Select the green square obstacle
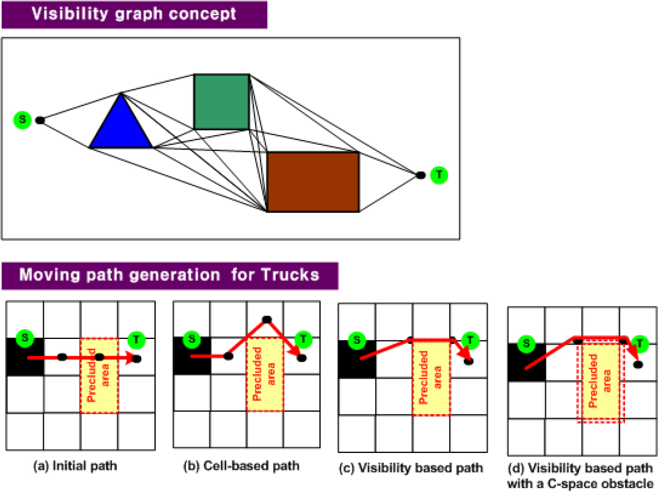click(222, 102)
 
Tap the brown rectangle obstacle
click(313, 182)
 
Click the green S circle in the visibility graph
click(23, 120)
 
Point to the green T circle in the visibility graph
click(439, 175)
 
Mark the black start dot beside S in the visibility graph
click(40, 121)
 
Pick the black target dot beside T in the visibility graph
click(421, 175)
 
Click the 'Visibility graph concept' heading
click(134, 14)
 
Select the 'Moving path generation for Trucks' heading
click(169, 275)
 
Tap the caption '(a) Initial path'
click(75, 466)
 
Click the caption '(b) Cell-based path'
click(241, 466)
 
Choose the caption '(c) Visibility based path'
click(411, 468)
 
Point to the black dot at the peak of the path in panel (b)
click(267, 319)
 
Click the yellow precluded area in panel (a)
click(99, 376)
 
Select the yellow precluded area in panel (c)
click(431, 378)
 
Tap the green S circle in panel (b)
click(192, 339)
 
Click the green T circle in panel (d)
click(640, 344)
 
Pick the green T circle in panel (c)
click(470, 341)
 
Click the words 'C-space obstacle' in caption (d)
click(601, 484)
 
